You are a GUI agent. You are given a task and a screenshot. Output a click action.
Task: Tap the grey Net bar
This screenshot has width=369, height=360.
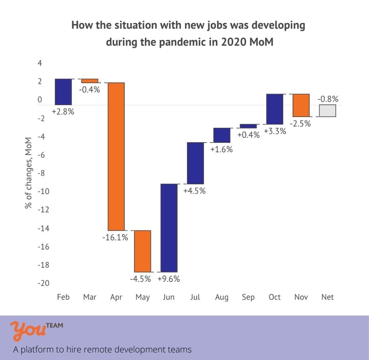[x=328, y=111]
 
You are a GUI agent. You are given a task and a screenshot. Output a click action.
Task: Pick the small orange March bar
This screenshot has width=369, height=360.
[x=90, y=81]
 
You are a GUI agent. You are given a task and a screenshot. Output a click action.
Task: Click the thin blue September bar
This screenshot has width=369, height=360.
[x=248, y=126]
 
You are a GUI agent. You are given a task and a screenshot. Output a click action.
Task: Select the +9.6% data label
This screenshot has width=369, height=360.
[x=169, y=279]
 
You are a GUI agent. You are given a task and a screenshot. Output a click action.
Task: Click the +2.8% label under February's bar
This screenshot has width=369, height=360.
[x=63, y=112]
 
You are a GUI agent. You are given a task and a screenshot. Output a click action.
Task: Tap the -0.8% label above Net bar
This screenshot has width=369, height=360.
[x=328, y=99]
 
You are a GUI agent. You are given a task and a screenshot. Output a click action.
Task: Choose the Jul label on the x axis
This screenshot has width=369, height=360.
[x=195, y=297]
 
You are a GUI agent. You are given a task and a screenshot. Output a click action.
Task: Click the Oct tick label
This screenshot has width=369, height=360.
[x=275, y=297]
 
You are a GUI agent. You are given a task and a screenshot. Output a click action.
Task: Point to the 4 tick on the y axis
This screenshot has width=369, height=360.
[x=40, y=64]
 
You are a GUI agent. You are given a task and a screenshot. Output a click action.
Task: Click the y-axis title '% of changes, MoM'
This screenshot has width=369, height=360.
[x=28, y=172]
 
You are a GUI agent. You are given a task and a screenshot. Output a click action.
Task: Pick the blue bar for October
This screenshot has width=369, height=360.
[x=275, y=109]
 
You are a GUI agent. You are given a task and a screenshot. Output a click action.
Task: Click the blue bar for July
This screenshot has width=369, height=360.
[x=195, y=163]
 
